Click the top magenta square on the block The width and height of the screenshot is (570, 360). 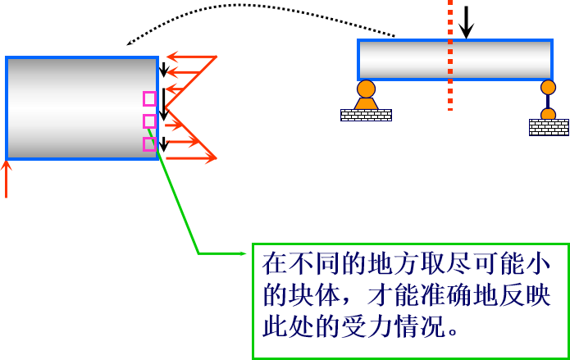coord(149,98)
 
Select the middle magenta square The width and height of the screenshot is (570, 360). coord(149,121)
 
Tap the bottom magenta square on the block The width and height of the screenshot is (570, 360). coord(149,144)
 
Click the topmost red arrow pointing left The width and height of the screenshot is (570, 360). coord(191,57)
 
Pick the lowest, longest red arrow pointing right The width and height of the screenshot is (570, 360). coord(190,158)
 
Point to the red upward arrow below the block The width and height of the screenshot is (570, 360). coord(6,179)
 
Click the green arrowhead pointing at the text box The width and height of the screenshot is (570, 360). coord(242,253)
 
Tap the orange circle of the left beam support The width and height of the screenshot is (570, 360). coord(366,89)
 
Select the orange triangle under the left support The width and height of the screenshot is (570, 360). coord(366,103)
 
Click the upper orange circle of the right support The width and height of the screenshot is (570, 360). coord(548,87)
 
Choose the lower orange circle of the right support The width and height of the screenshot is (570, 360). coord(548,114)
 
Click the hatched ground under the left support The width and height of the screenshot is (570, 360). coord(366,115)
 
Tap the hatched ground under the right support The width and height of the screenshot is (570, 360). coord(549,127)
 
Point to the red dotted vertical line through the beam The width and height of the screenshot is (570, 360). coord(449,57)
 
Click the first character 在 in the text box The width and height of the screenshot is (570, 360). coord(275,263)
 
